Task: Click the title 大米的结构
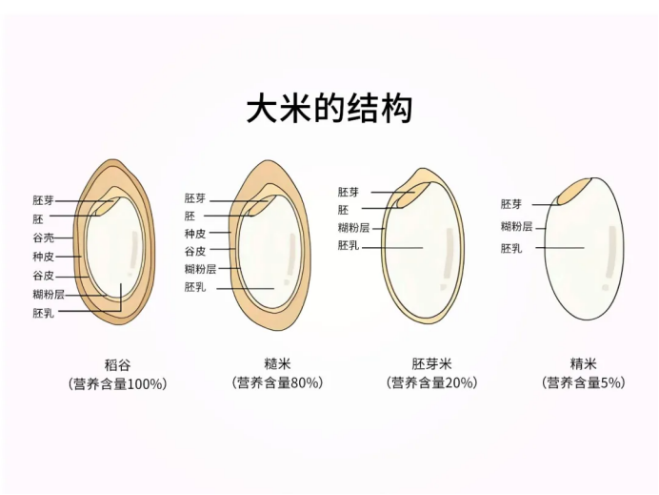(x=329, y=109)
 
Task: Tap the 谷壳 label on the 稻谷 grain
(x=44, y=237)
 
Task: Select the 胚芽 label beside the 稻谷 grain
(x=44, y=200)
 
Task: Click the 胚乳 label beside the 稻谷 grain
(x=44, y=313)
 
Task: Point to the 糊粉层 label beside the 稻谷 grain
(x=49, y=294)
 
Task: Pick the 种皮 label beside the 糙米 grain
(x=195, y=234)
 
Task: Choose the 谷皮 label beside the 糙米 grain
(x=195, y=251)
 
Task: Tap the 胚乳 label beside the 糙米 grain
(x=195, y=287)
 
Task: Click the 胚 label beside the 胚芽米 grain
(x=343, y=210)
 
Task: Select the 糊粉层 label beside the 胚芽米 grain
(x=353, y=228)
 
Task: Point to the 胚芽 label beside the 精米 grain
(x=511, y=204)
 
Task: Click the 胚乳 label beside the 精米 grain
(x=511, y=248)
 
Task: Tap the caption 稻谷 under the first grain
(x=117, y=364)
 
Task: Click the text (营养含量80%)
(x=277, y=382)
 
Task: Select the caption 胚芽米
(x=431, y=363)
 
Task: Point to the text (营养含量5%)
(x=584, y=382)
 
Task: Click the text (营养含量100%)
(x=118, y=383)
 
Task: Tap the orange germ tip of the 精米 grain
(x=574, y=191)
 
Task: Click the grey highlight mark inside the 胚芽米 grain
(x=447, y=258)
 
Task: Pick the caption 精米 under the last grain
(x=584, y=363)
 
